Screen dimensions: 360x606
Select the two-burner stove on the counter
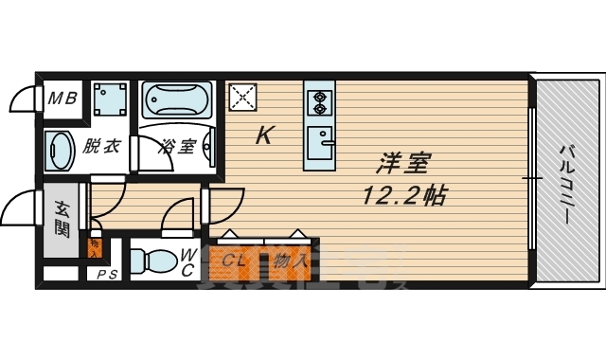[319, 98]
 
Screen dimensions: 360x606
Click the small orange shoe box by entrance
[95, 249]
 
